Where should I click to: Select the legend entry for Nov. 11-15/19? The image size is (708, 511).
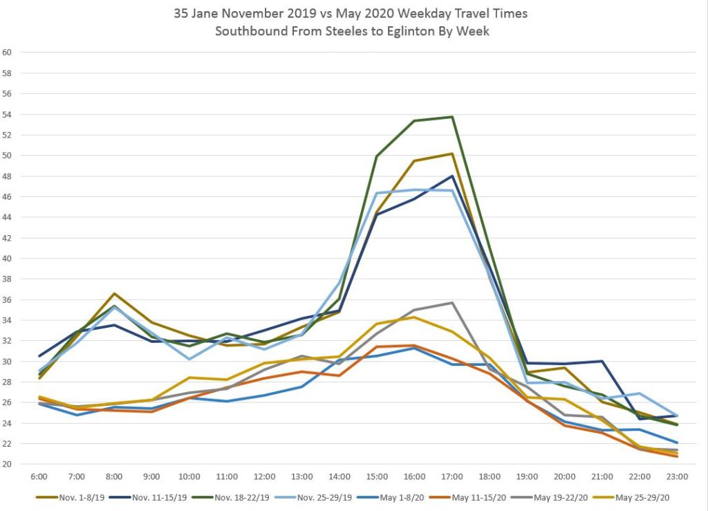click(162, 497)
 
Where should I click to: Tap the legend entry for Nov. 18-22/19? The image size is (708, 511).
click(248, 497)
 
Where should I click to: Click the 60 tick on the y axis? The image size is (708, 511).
click(8, 52)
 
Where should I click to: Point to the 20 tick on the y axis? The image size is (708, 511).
click(8, 464)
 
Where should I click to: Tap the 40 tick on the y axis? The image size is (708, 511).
click(8, 258)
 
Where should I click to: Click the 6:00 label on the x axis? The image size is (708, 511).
click(39, 477)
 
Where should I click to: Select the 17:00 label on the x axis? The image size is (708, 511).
click(452, 477)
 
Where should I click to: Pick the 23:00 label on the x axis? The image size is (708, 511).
click(677, 477)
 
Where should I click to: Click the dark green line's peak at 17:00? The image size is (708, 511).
click(452, 117)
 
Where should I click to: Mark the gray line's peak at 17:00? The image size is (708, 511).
click(452, 303)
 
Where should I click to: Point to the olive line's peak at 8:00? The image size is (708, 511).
click(115, 293)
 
